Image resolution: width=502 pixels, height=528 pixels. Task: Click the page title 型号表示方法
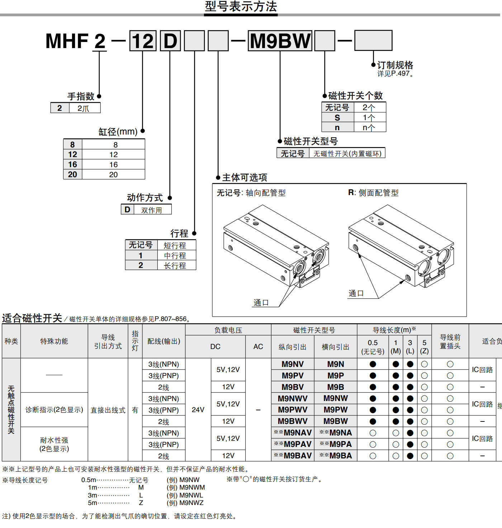point(241,7)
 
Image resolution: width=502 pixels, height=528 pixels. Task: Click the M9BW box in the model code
point(280,41)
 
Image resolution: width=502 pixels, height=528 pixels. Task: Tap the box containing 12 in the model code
point(143,41)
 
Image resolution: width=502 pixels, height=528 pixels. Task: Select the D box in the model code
point(170,41)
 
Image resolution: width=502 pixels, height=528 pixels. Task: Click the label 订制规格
point(395,65)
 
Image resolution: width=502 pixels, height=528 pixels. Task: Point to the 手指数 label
point(81,96)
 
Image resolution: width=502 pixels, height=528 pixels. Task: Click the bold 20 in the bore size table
point(72,174)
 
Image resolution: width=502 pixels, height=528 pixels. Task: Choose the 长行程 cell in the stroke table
point(175,265)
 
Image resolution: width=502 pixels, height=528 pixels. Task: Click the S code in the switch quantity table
point(337,118)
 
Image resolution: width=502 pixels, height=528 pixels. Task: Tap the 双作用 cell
point(152,210)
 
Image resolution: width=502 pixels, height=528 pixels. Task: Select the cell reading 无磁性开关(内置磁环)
point(347,154)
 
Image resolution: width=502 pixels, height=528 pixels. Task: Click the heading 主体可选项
point(245,178)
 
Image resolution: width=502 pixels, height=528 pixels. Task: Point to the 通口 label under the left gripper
point(261,302)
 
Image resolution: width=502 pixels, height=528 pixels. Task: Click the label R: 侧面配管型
point(373,193)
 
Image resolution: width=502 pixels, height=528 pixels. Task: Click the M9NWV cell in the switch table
point(293,399)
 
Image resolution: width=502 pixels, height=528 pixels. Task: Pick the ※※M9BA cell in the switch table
point(336,456)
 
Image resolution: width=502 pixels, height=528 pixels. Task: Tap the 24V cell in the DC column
point(198,410)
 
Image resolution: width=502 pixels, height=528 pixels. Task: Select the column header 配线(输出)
point(164,341)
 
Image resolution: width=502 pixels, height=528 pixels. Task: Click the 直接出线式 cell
point(108,410)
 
